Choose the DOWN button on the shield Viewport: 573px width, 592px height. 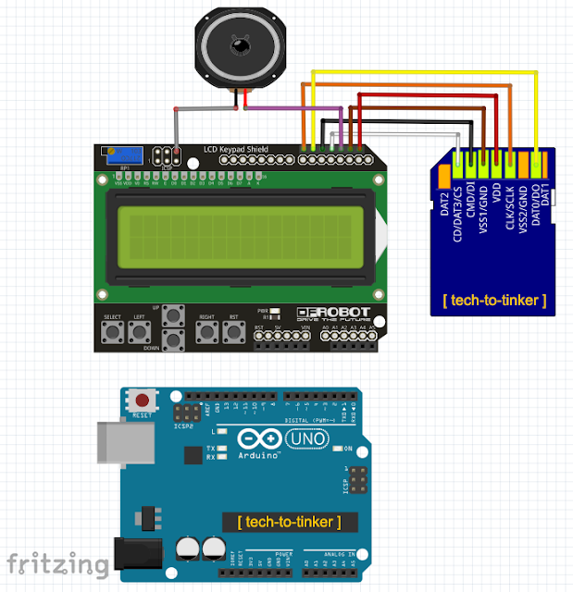pyautogui.click(x=172, y=339)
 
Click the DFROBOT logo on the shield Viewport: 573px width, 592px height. pyautogui.click(x=334, y=314)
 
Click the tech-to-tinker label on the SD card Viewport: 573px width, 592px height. pyautogui.click(x=494, y=301)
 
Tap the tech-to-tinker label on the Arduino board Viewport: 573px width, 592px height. pyautogui.click(x=284, y=522)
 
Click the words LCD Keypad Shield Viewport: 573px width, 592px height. pyautogui.click(x=237, y=149)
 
